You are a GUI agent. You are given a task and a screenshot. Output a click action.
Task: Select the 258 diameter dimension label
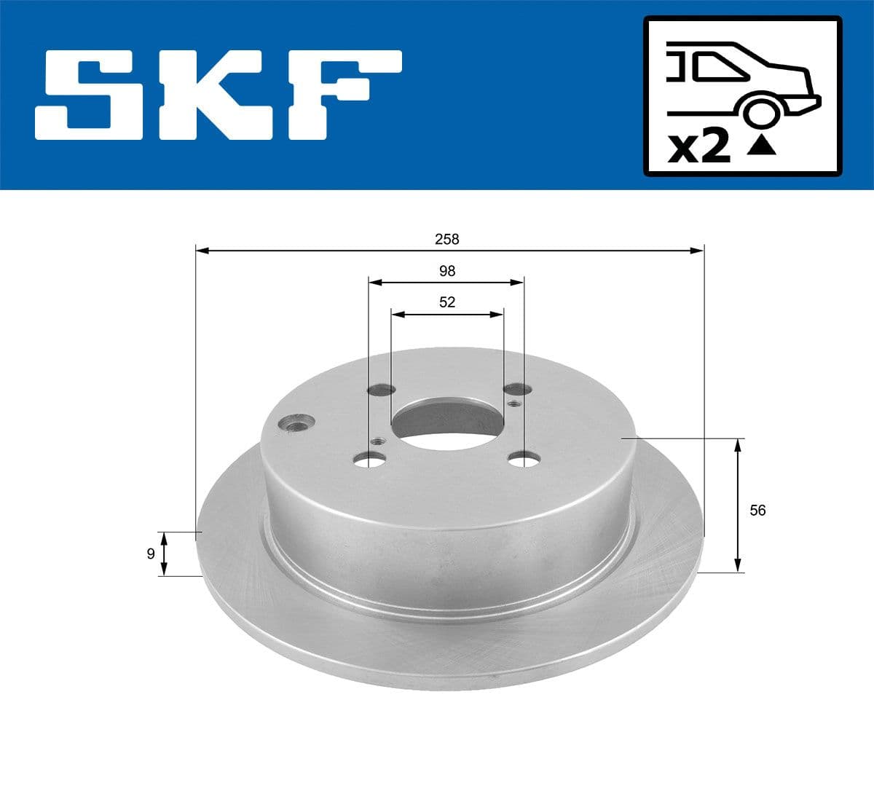click(447, 239)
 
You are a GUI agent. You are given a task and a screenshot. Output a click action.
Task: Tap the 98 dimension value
click(447, 271)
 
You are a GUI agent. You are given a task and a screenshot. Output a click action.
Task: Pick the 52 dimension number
click(447, 302)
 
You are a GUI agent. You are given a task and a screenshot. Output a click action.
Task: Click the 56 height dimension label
click(757, 511)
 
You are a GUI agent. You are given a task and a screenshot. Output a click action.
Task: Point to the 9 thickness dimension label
click(151, 554)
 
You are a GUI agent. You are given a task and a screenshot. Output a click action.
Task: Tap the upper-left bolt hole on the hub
click(380, 390)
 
